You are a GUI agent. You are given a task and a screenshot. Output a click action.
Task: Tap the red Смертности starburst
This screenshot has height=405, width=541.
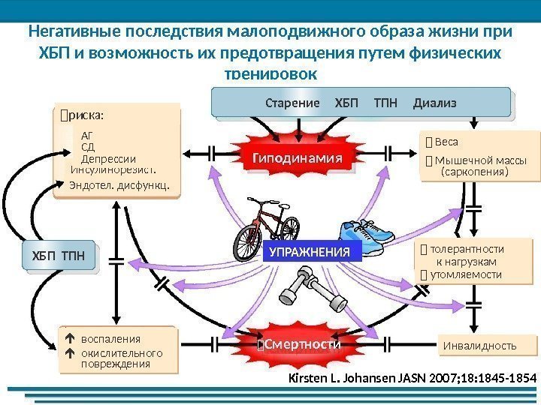[x=299, y=343]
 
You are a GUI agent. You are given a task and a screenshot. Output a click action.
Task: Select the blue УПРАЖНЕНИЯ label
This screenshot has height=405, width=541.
[x=310, y=253]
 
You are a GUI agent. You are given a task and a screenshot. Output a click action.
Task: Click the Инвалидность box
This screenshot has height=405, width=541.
[x=480, y=346]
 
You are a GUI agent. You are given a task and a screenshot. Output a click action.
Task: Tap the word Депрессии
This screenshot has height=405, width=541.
[x=108, y=159]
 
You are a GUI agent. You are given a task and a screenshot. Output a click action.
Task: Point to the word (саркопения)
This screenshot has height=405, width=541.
[x=475, y=172]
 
